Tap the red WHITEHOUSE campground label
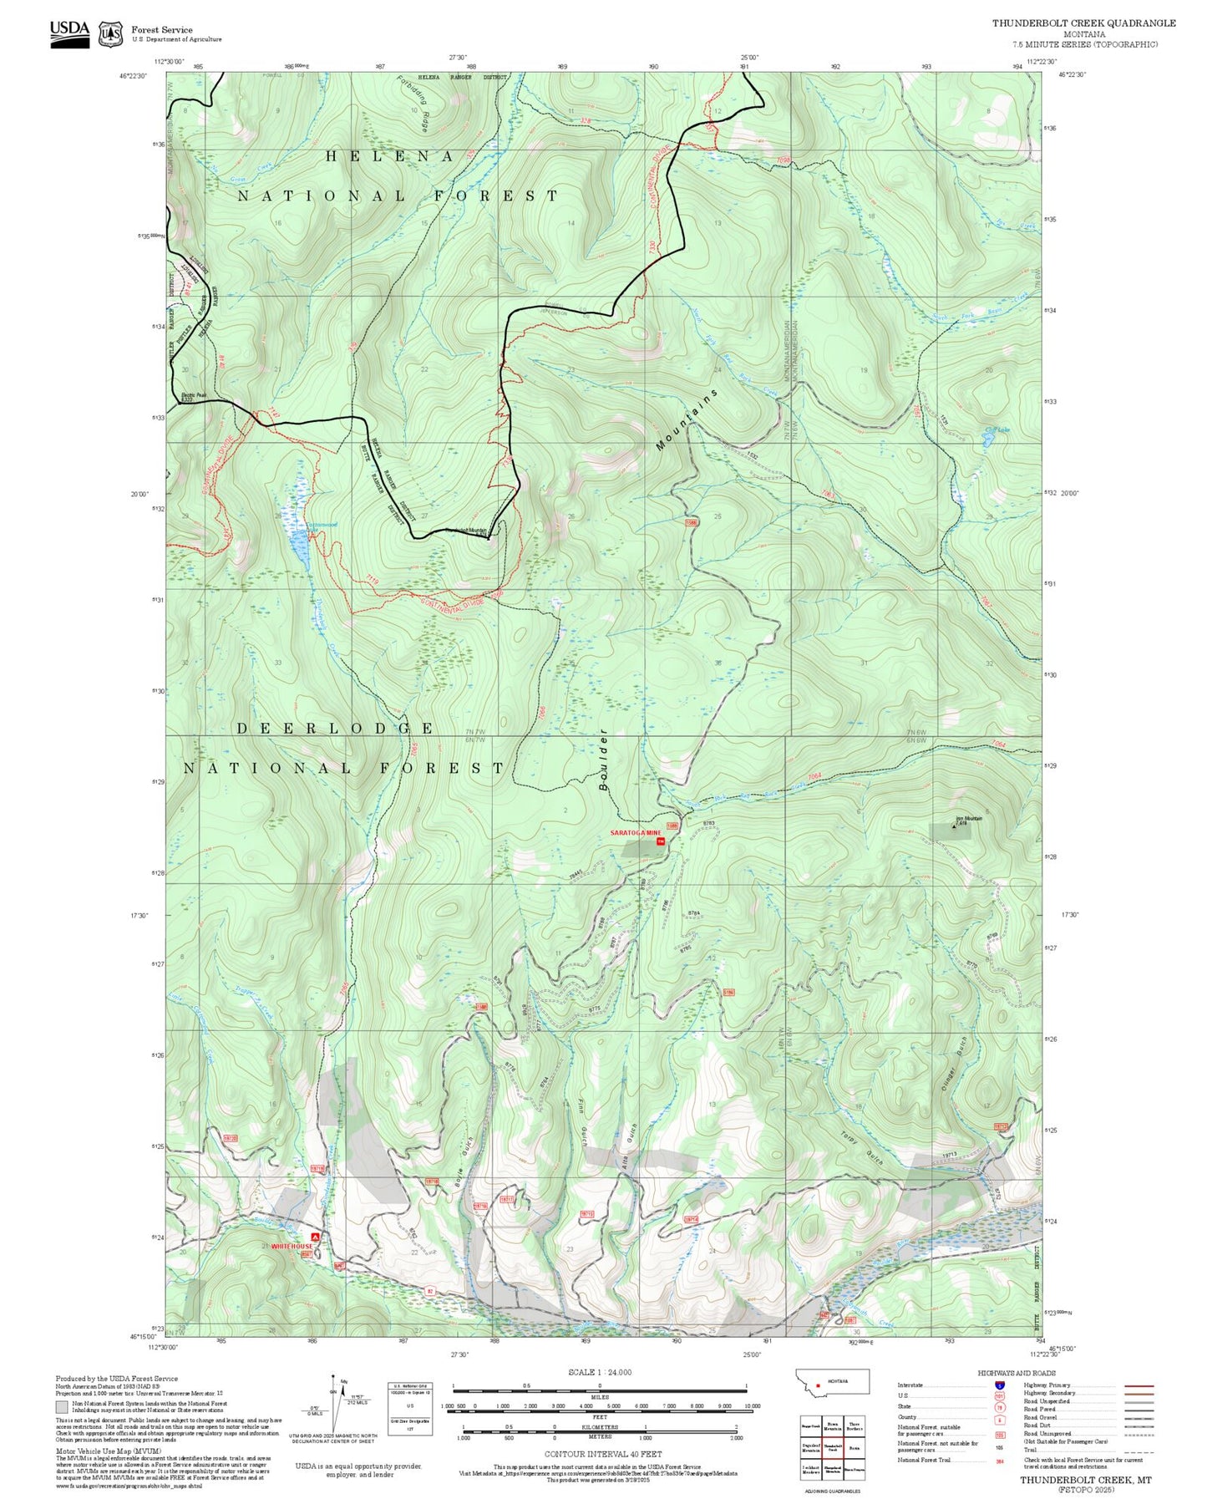(292, 1246)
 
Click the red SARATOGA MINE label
(636, 833)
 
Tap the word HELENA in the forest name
(389, 156)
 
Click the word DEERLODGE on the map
(335, 729)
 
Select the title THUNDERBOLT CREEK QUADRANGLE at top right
(1083, 23)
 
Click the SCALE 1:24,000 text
(600, 1372)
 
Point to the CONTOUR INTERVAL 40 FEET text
(602, 1454)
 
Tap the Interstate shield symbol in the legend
(1000, 1385)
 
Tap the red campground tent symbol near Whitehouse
(315, 1236)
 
